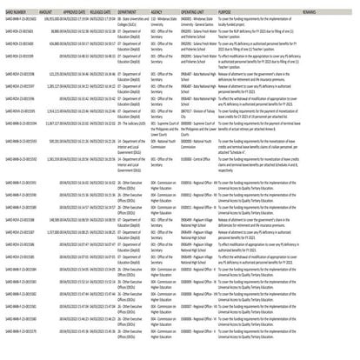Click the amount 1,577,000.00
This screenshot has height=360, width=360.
coord(49,234)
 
